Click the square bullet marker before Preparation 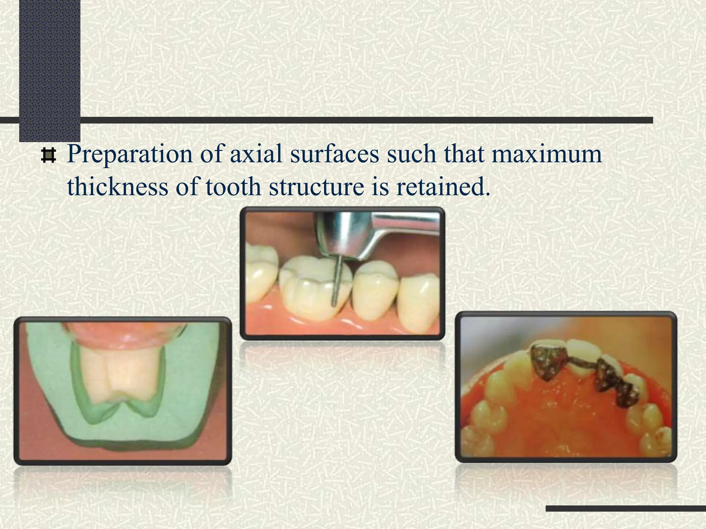[48, 156]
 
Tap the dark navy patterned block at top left [50, 69]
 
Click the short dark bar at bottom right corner [626, 508]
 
